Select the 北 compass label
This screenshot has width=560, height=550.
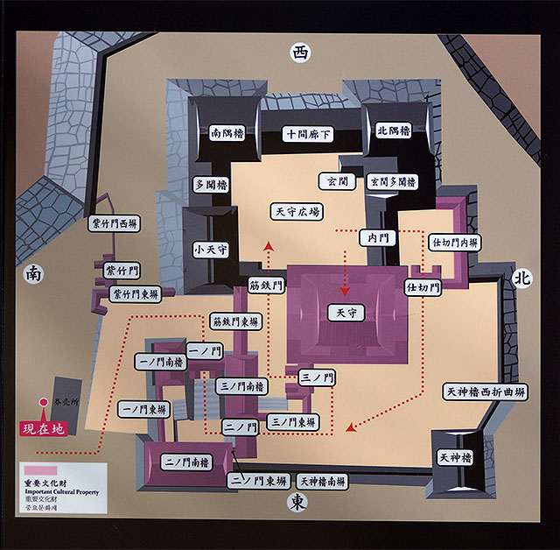tap(522, 277)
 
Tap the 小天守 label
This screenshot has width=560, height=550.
tap(210, 250)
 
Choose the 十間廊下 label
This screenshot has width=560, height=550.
tap(307, 134)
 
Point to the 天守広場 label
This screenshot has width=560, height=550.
tap(297, 211)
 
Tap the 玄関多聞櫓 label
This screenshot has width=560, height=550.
tap(392, 181)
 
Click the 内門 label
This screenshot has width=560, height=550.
tap(379, 237)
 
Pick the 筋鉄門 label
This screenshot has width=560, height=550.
tap(266, 285)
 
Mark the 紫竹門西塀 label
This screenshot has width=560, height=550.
tap(115, 224)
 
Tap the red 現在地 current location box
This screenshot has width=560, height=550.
tap(43, 430)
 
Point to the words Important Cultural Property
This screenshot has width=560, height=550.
tap(66, 492)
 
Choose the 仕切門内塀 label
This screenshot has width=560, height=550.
tap(452, 241)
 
